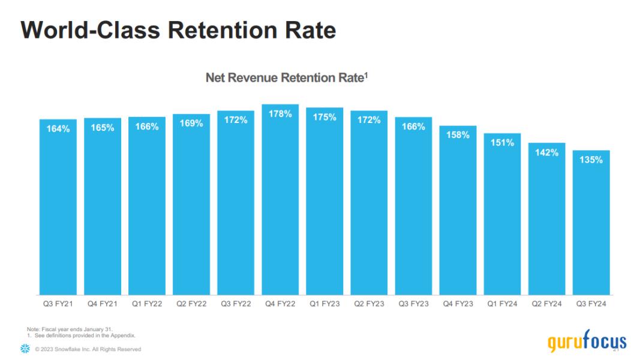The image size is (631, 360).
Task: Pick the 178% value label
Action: pyautogui.click(x=280, y=114)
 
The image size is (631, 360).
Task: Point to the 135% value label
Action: pyautogui.click(x=591, y=160)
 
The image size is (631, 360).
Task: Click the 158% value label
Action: pyautogui.click(x=458, y=135)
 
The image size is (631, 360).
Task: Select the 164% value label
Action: pyautogui.click(x=58, y=128)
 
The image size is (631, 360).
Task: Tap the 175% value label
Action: pyautogui.click(x=324, y=117)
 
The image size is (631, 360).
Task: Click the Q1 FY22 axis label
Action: pyautogui.click(x=147, y=304)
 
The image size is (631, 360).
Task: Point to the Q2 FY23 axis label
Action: pyautogui.click(x=369, y=304)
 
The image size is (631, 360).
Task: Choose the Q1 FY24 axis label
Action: pyautogui.click(x=503, y=304)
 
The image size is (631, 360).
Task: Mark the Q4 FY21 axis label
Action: pyautogui.click(x=103, y=304)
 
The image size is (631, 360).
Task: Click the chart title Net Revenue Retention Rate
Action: pyautogui.click(x=285, y=78)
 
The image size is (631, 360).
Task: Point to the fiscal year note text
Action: pyautogui.click(x=70, y=329)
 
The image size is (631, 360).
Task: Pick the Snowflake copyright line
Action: pyautogui.click(x=88, y=349)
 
